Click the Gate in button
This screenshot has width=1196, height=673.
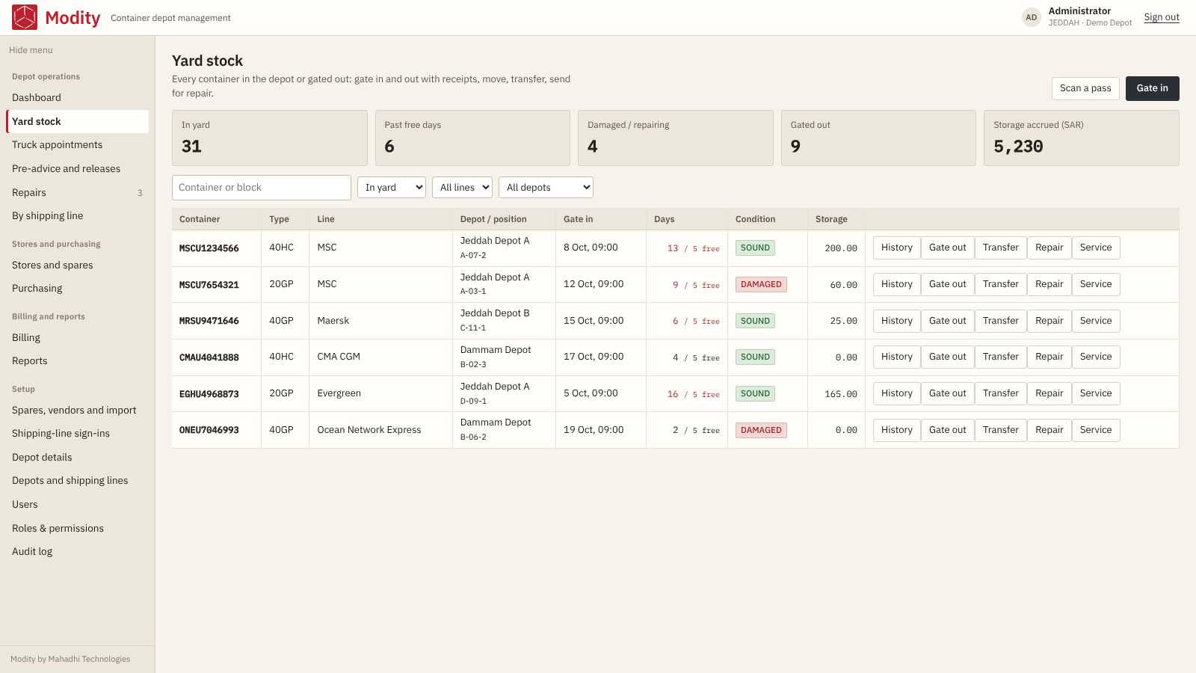point(1152,89)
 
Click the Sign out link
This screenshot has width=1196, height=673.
point(1162,17)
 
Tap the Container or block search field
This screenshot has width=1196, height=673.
point(261,188)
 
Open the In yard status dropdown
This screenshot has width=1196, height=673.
point(392,188)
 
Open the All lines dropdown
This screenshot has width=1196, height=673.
point(462,188)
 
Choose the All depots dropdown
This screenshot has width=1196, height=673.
point(546,188)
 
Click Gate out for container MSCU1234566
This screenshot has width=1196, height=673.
point(947,248)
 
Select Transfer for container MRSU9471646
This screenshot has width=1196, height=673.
point(1001,321)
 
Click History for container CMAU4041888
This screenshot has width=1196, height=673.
point(896,357)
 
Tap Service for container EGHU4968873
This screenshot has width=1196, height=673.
point(1096,393)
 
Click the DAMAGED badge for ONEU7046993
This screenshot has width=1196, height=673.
point(761,431)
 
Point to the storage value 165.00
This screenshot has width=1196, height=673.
point(840,394)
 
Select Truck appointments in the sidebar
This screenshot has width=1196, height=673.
point(57,145)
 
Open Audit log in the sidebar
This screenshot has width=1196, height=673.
point(32,552)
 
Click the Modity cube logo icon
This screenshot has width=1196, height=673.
point(25,17)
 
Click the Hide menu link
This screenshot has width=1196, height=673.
point(31,50)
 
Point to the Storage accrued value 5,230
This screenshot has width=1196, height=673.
point(1017,147)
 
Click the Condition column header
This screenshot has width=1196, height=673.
point(755,219)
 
